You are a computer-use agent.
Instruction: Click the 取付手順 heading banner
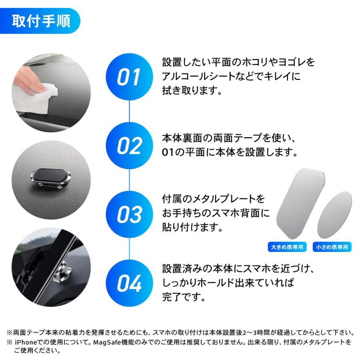click(41, 21)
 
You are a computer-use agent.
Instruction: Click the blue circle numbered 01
click(129, 77)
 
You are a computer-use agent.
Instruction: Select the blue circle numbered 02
click(129, 146)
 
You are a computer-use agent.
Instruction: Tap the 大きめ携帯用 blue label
click(286, 247)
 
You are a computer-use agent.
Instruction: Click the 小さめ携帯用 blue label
click(332, 247)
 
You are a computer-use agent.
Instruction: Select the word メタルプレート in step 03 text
click(220, 199)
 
